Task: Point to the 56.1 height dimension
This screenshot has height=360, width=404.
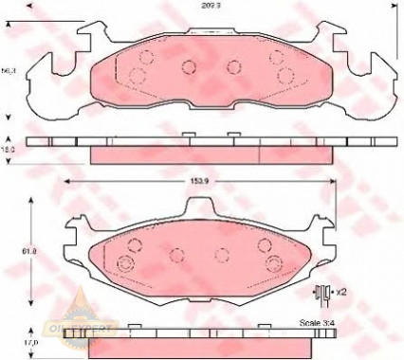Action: (9, 70)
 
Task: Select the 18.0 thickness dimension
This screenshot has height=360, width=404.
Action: (9, 149)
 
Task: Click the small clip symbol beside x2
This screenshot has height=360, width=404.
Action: (321, 293)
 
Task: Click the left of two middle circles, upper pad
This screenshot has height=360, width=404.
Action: (187, 66)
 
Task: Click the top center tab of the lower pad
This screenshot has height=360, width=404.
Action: (200, 207)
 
